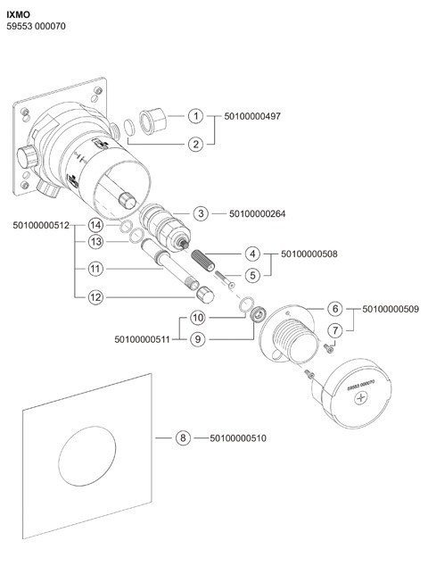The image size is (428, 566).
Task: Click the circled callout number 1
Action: [196, 116]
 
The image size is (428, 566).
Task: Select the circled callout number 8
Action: [183, 437]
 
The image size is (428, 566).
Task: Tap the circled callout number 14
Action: [95, 225]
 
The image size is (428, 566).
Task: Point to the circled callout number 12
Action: [95, 297]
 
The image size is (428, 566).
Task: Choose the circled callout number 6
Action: [335, 309]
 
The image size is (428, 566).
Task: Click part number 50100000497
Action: [252, 116]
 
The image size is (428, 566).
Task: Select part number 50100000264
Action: [257, 213]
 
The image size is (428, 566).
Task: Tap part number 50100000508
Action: [309, 254]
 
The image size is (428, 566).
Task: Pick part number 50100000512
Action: [41, 225]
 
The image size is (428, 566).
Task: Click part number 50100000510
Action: [238, 438]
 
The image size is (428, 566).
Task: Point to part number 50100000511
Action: [142, 339]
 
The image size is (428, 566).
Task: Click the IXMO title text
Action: [19, 15]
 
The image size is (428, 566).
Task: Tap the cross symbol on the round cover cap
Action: [360, 398]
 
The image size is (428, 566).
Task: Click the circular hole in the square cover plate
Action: [86, 455]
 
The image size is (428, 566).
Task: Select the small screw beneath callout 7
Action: [328, 348]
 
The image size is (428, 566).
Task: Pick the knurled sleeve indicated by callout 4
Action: [202, 260]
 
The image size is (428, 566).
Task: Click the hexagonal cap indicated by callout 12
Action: [205, 295]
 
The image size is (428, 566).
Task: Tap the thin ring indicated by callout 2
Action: [128, 128]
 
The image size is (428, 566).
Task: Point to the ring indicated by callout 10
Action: [246, 304]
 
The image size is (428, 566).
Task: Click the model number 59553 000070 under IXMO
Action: [36, 27]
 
